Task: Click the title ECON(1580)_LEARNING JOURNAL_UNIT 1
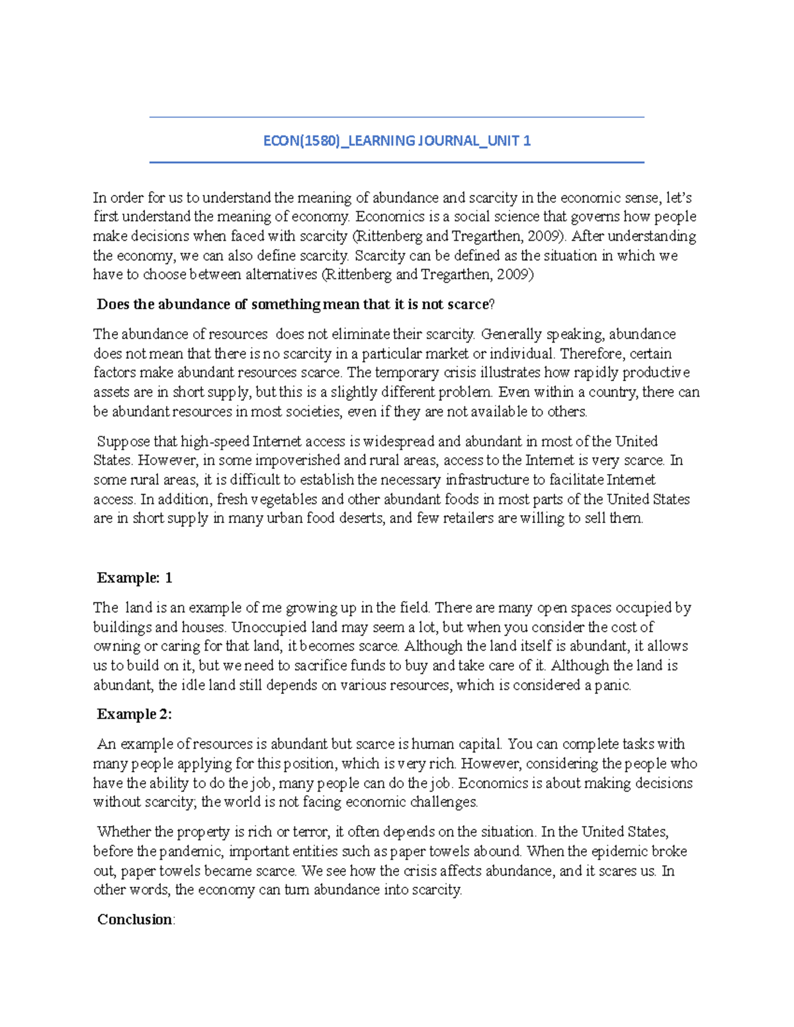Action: pyautogui.click(x=397, y=141)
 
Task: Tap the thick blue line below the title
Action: pyautogui.click(x=397, y=162)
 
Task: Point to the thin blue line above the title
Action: pyautogui.click(x=397, y=118)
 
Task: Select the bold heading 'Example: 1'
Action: pyautogui.click(x=134, y=578)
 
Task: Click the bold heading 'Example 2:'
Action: pyautogui.click(x=134, y=714)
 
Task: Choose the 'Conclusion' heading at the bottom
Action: pyautogui.click(x=135, y=919)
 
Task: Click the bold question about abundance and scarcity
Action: pyautogui.click(x=295, y=304)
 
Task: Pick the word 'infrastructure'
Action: pyautogui.click(x=486, y=479)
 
